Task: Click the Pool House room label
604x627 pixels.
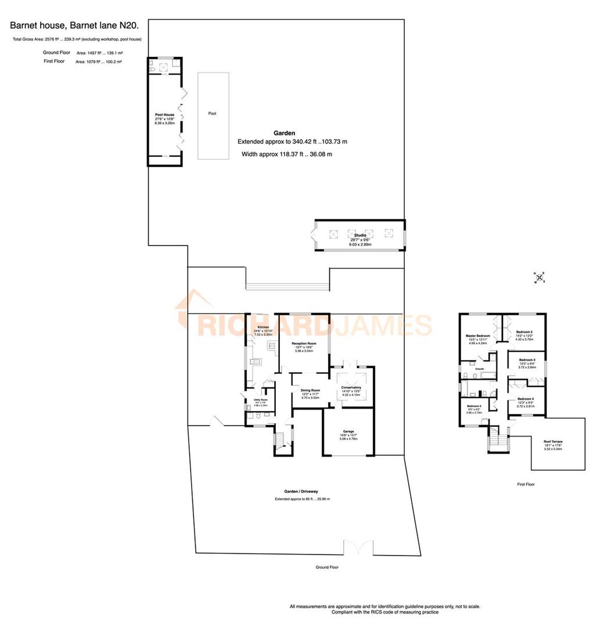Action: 164,115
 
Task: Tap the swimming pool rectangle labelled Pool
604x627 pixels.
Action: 212,116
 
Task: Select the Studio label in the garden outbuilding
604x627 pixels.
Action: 360,235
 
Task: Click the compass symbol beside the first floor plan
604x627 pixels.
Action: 540,278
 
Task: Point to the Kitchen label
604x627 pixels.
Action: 263,327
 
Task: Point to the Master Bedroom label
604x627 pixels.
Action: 478,336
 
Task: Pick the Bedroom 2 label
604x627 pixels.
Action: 524,332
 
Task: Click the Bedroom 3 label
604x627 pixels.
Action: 527,360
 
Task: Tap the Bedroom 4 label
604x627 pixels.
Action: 525,398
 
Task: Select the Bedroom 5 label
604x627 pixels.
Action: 474,406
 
